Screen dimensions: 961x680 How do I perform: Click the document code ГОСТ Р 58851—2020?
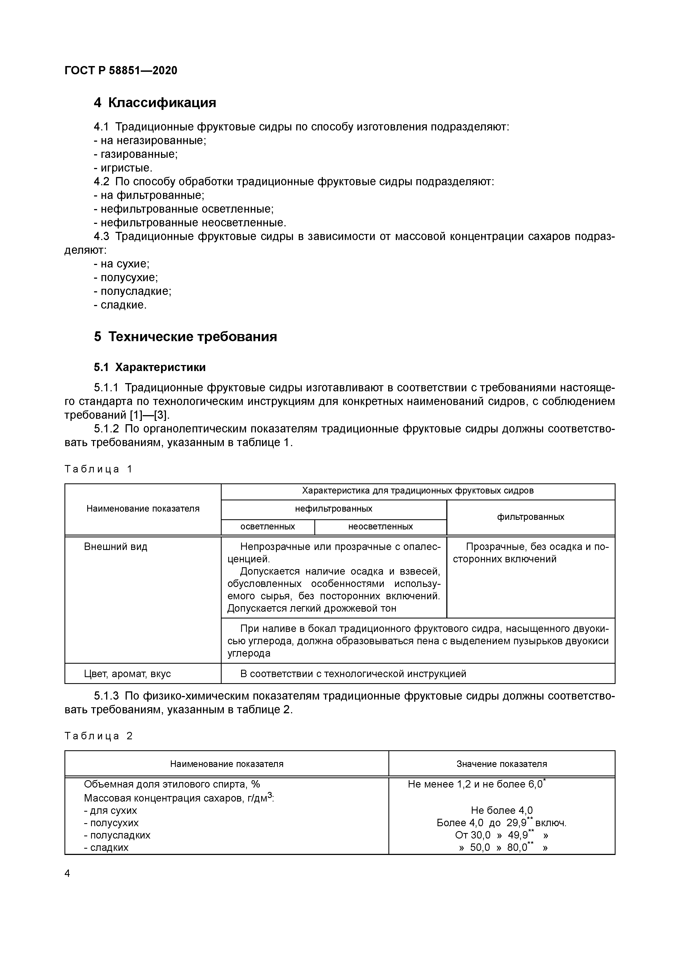121,70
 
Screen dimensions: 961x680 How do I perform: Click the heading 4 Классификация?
155,102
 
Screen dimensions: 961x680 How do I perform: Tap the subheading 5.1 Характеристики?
149,367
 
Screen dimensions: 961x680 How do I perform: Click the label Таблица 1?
98,469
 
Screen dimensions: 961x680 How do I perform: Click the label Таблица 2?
98,736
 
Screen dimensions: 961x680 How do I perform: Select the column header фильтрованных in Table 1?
531,517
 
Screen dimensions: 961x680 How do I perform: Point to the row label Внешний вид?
116,547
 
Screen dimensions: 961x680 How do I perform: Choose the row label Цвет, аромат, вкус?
127,674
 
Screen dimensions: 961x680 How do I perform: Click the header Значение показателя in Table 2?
501,764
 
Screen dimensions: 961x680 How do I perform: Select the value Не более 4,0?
501,810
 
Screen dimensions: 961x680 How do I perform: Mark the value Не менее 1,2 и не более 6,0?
475,784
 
